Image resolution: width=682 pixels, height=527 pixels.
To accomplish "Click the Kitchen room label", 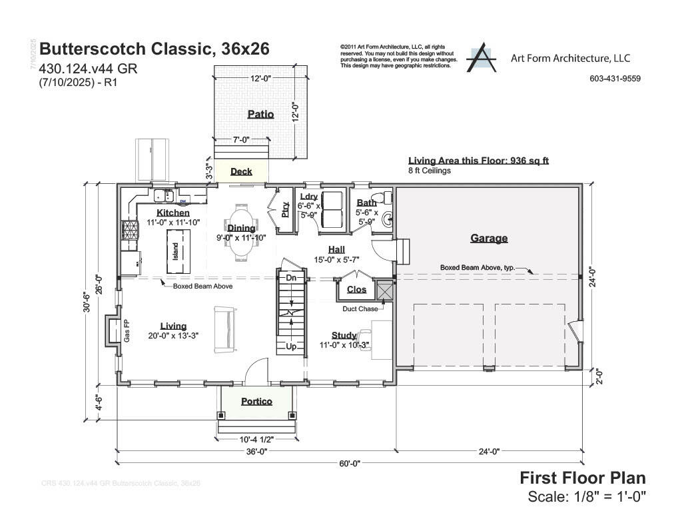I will pyautogui.click(x=173, y=213).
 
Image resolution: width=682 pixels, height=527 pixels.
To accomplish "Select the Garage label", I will pyautogui.click(x=489, y=238).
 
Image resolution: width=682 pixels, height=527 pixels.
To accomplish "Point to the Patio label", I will pyautogui.click(x=260, y=114).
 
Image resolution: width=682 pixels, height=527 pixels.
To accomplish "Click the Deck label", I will pyautogui.click(x=241, y=171).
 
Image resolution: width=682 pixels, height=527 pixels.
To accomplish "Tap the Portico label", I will pyautogui.click(x=256, y=401).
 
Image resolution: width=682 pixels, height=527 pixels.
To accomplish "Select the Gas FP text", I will pyautogui.click(x=126, y=331).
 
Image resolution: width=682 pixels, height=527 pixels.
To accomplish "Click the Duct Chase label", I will pyautogui.click(x=360, y=308).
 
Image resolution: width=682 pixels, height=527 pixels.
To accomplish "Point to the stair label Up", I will pyautogui.click(x=291, y=346).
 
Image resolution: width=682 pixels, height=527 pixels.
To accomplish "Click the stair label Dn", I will pyautogui.click(x=291, y=277).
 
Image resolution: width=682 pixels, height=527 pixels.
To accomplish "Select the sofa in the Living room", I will pyautogui.click(x=222, y=330).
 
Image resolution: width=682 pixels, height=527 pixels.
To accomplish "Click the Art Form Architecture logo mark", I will pyautogui.click(x=481, y=59).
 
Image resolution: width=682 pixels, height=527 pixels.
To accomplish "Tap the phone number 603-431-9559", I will pyautogui.click(x=615, y=79).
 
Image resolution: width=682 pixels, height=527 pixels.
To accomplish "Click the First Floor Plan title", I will pyautogui.click(x=582, y=478).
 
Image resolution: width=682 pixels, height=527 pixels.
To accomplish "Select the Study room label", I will pyautogui.click(x=344, y=335).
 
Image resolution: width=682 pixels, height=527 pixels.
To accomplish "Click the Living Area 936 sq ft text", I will pyautogui.click(x=478, y=161).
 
